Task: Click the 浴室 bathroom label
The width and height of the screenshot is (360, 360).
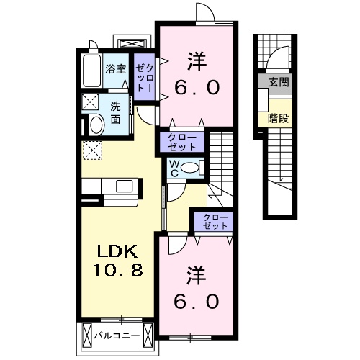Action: tap(116, 70)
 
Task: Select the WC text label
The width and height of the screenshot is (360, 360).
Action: tap(174, 168)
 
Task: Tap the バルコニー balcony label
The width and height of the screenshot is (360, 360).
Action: tap(117, 335)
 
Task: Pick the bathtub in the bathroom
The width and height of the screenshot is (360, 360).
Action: tap(91, 71)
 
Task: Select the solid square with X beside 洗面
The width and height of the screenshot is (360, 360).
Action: tap(91, 102)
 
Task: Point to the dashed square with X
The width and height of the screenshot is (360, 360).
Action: tap(92, 150)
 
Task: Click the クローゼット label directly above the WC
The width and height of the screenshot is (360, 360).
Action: tap(182, 141)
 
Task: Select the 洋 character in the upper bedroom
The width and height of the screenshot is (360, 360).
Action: tap(194, 59)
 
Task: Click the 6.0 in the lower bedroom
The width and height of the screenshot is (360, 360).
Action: tap(194, 301)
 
